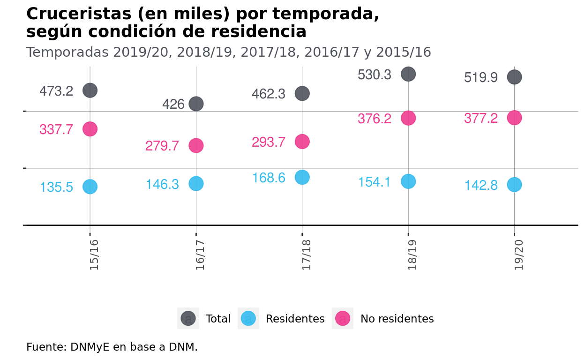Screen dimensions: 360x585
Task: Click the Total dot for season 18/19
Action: coord(408,74)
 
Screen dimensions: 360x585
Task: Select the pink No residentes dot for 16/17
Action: coord(196,145)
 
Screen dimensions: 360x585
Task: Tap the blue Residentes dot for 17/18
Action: coord(302,177)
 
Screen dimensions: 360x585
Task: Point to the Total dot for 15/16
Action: coord(90,90)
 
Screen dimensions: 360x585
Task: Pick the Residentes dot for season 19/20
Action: coord(514,185)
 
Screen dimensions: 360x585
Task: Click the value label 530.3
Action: coord(374,75)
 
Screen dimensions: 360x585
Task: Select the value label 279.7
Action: coord(162,146)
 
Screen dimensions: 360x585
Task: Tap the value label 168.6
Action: coord(269,178)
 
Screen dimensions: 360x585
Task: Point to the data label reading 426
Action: coord(173,104)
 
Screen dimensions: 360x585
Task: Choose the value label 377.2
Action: coord(480,119)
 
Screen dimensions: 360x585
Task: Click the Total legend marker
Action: coord(188,319)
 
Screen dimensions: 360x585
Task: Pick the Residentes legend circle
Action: coord(248,319)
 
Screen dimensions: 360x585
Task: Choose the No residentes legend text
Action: coord(397,319)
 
